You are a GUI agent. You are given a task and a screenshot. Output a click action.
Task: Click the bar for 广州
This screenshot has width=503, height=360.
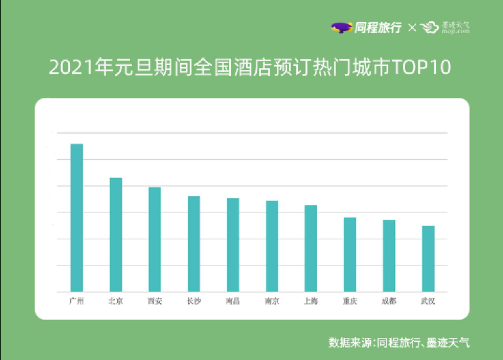pos(77,217)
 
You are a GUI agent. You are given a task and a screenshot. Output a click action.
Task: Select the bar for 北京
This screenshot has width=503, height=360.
pos(116,234)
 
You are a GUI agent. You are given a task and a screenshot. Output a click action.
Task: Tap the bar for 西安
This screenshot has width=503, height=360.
pos(155,239)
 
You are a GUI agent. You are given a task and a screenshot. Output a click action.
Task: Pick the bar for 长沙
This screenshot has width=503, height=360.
pos(194,244)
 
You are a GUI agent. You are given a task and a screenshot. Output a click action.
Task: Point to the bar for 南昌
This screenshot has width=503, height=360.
pos(233,245)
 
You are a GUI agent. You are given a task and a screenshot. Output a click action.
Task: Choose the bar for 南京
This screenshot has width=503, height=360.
pos(272,246)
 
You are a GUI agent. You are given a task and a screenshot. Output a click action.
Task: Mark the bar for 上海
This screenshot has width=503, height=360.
pos(311,248)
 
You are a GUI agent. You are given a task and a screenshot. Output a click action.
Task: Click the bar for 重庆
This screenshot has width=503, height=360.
pos(350,254)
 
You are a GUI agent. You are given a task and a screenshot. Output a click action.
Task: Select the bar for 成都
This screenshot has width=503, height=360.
pos(389,256)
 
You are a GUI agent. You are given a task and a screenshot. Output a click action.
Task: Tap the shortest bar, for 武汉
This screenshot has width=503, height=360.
pos(428,259)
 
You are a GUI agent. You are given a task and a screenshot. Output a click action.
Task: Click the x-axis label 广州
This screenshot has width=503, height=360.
pos(77,301)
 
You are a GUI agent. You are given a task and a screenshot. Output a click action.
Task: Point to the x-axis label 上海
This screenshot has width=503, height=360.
pos(311,301)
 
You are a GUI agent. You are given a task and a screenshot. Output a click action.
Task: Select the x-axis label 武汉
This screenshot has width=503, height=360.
pos(428,301)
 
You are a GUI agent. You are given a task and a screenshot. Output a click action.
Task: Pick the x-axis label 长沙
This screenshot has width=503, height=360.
pos(194,301)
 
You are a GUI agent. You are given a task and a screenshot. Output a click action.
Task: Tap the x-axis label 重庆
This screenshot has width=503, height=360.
pos(350,301)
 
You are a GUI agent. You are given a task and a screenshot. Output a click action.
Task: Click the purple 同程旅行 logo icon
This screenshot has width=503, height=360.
pos(341,28)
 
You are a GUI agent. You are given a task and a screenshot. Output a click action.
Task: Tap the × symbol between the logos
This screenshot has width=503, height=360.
pos(412,28)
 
